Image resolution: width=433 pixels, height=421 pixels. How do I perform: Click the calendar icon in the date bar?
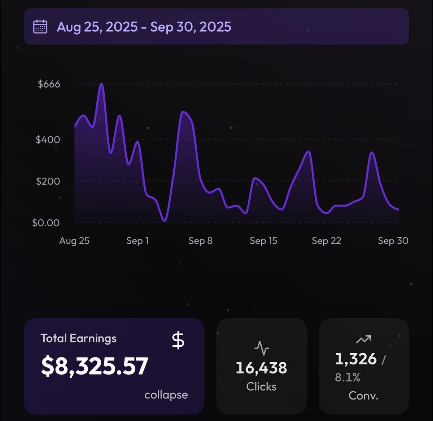tap(40, 27)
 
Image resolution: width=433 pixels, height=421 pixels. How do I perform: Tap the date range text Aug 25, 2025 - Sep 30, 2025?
tap(144, 27)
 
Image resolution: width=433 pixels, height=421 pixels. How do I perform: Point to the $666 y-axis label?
tap(49, 84)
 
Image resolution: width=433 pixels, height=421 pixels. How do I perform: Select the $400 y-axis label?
tap(48, 139)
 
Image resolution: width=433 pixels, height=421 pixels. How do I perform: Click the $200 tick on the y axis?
tap(48, 181)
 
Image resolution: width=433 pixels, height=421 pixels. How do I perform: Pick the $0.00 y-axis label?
tap(46, 223)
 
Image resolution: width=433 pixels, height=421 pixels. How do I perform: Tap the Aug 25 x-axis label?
tap(74, 241)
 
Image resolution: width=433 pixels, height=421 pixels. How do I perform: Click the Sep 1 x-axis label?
tap(137, 241)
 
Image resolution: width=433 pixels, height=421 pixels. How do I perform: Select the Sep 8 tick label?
tap(200, 241)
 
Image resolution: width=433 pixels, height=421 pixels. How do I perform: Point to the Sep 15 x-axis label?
tap(263, 241)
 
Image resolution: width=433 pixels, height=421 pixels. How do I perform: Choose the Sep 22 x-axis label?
tap(327, 241)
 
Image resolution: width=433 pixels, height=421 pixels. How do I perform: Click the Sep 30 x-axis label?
tap(393, 241)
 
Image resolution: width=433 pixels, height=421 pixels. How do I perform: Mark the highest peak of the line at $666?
tap(102, 84)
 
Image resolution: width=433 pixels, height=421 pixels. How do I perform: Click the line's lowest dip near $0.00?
tap(165, 220)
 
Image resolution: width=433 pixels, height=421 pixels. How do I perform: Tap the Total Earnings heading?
tap(78, 338)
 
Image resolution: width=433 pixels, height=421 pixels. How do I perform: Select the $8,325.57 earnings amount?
tap(95, 366)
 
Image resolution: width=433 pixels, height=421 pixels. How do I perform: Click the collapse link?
tap(166, 395)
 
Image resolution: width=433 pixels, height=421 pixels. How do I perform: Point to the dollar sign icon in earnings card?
tap(178, 341)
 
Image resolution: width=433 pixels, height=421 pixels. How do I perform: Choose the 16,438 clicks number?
tap(261, 368)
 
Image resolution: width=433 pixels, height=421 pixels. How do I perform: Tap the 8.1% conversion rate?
tap(347, 377)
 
